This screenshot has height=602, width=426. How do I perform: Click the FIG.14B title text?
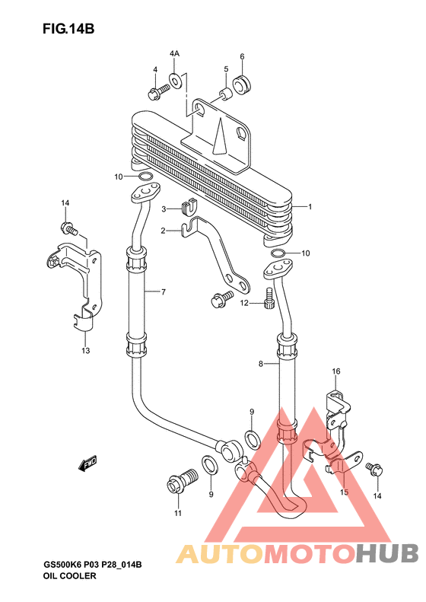[x=68, y=29]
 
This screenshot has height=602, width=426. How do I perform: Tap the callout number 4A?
[x=174, y=54]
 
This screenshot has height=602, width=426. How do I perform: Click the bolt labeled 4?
[x=158, y=92]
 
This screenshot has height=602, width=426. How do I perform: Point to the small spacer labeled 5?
[x=226, y=94]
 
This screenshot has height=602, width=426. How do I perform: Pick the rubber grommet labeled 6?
[x=242, y=84]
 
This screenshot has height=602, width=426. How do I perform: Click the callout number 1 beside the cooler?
[x=310, y=207]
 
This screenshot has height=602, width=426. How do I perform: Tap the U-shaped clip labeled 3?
[x=189, y=207]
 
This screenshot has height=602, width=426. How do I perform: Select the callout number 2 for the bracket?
[x=163, y=231]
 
